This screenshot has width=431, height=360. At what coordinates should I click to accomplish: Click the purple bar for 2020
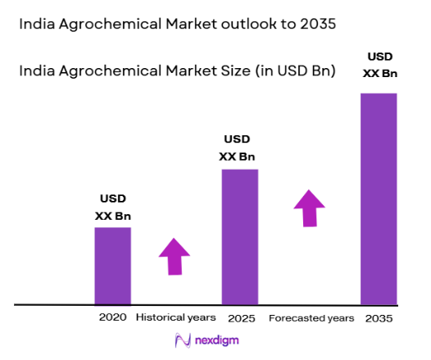[x=112, y=266]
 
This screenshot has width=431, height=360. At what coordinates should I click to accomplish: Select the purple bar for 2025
[x=239, y=237]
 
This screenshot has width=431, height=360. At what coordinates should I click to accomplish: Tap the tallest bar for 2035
[x=379, y=198]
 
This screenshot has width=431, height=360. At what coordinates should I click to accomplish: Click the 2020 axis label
[x=112, y=317]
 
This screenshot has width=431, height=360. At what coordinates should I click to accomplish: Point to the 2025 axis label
[x=239, y=317]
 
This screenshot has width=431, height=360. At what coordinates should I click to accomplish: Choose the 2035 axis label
[x=379, y=317]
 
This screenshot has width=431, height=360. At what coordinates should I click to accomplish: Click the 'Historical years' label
[x=175, y=317]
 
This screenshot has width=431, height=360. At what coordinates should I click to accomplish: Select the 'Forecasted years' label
[x=311, y=317]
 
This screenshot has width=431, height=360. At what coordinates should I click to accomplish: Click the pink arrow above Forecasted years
[x=309, y=207]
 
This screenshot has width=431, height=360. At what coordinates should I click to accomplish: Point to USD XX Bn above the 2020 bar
[x=113, y=207]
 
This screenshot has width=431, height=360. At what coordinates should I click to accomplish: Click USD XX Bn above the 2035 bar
[x=379, y=66]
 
